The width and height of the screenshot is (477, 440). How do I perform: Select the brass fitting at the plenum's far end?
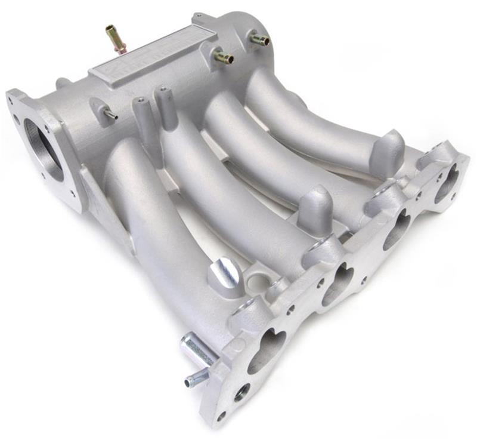[259, 39]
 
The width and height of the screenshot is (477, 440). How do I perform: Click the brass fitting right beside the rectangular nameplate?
[223, 57]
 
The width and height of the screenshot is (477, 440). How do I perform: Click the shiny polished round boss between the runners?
[225, 273]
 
